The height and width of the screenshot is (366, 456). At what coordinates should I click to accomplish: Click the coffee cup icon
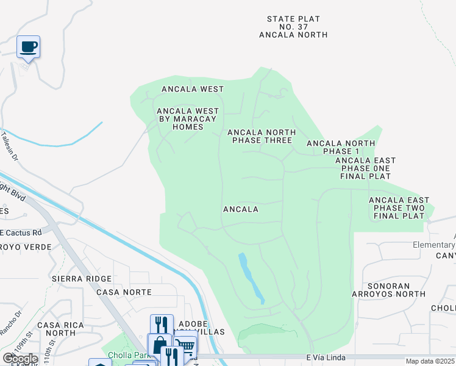pos(28,46)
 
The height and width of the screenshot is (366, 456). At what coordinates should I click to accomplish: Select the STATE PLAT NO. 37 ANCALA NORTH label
pos(293,27)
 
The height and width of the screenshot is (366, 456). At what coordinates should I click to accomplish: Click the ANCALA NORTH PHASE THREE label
pos(262,136)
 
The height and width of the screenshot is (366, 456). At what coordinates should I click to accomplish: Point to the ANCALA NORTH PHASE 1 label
pos(341,148)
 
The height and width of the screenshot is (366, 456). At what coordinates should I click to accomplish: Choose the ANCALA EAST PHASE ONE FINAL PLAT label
pos(365,168)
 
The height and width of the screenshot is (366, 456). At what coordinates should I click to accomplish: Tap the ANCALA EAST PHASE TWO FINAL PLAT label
pos(399,208)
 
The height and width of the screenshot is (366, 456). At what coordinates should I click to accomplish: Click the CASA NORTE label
pos(124,292)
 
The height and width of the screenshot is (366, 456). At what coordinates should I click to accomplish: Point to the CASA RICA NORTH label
pos(56,329)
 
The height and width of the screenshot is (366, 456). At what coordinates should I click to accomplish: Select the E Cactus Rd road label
pos(21,232)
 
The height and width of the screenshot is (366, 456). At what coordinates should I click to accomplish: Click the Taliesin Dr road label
pos(10,147)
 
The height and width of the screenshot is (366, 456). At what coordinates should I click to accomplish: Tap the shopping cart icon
pos(185,347)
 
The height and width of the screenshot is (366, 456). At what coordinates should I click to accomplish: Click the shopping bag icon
pos(160,345)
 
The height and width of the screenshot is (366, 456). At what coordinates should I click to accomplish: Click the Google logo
pos(20,359)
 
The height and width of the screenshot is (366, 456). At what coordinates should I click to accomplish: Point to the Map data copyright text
pos(430,361)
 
